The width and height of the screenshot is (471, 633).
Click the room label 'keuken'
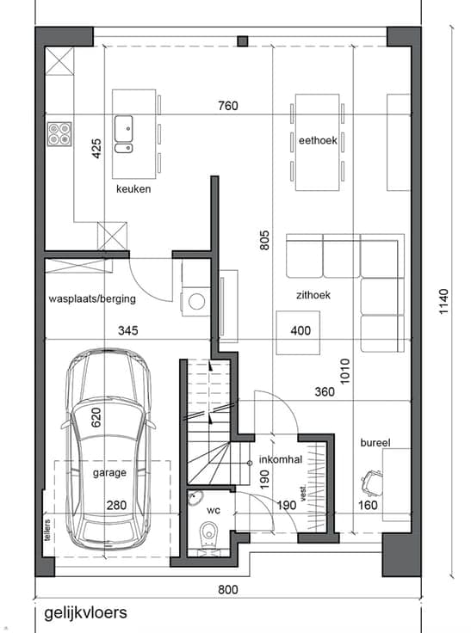pyautogui.click(x=133, y=189)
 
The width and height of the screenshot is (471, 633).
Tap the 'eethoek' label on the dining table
pyautogui.click(x=318, y=140)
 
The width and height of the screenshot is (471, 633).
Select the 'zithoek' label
pyautogui.click(x=313, y=295)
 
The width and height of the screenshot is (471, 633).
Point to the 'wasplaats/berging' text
pyautogui.click(x=92, y=299)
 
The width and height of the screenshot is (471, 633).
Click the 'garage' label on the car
pyautogui.click(x=109, y=473)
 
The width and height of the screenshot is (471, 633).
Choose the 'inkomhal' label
pyautogui.click(x=281, y=459)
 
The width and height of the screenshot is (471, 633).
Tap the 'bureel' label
pyautogui.click(x=375, y=443)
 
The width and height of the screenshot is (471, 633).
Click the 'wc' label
pyautogui.click(x=214, y=511)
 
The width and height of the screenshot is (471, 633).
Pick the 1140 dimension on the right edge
pyautogui.click(x=444, y=302)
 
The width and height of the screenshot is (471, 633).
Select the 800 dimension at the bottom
pyautogui.click(x=228, y=590)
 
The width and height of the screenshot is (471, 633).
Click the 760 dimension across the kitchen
pyautogui.click(x=228, y=106)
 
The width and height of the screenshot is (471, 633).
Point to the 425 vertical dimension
pyautogui.click(x=96, y=149)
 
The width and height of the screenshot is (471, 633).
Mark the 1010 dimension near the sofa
pyautogui.click(x=344, y=372)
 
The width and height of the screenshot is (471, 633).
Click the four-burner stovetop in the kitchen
pyautogui.click(x=59, y=134)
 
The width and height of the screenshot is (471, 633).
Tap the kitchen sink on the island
pyautogui.click(x=124, y=134)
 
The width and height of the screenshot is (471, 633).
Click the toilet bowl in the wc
pyautogui.click(x=209, y=531)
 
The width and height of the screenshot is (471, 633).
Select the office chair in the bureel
pyautogui.click(x=372, y=482)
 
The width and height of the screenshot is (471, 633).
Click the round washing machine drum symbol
pyautogui.click(x=197, y=302)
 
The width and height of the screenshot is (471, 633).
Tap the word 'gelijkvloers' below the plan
pyautogui.click(x=86, y=613)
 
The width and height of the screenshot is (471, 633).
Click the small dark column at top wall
pyautogui.click(x=243, y=41)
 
